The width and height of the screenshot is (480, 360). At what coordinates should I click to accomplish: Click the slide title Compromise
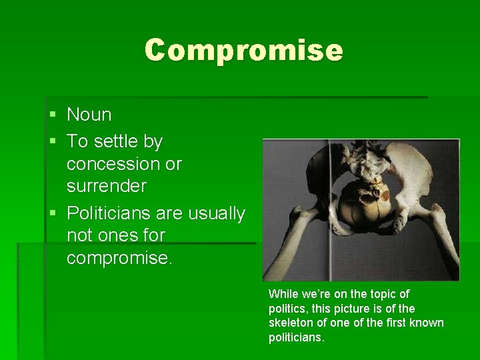point(243,50)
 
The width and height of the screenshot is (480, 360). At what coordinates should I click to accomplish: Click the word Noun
point(89,115)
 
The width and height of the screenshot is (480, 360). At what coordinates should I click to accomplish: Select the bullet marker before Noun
point(53,115)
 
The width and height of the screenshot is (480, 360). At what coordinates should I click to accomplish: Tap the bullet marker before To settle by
point(53,141)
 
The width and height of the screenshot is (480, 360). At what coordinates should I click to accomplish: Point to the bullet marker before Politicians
point(53,213)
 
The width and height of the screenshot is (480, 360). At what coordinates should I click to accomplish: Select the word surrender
point(106,186)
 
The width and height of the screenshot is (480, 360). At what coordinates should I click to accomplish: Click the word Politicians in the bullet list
point(109,213)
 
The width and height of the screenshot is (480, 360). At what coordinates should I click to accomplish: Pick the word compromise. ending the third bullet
point(119,258)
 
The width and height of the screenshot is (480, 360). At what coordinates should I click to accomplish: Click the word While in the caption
point(282,294)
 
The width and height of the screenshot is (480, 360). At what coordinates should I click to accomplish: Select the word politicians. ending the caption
point(296,338)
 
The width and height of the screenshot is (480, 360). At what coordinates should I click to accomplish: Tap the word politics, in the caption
point(286,309)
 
